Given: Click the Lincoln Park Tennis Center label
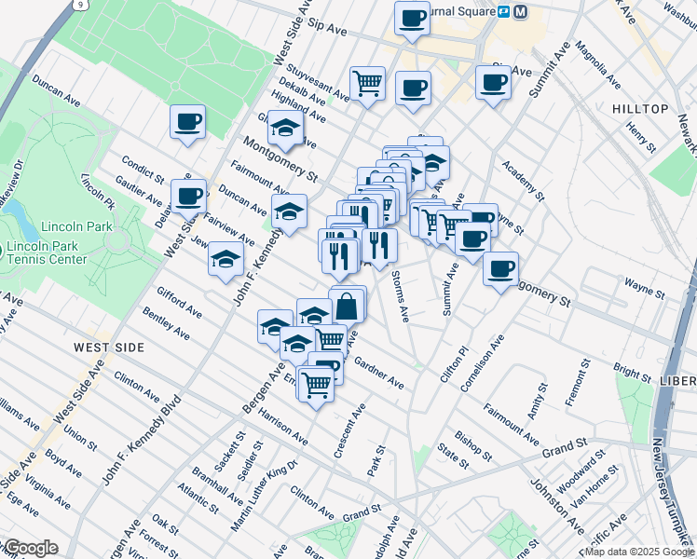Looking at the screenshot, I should (x=47, y=253).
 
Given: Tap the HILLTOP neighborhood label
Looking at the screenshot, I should (x=640, y=109).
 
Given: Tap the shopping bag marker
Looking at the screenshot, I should (x=347, y=305).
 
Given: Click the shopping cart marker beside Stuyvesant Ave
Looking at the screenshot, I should (x=368, y=83).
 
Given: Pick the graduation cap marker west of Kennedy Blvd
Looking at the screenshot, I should (x=225, y=260).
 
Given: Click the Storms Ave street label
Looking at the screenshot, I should (x=400, y=296).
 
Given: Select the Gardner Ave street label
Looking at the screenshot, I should (x=378, y=373).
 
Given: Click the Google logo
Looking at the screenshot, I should (x=31, y=548).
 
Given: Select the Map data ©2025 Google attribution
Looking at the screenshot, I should (x=639, y=552).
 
